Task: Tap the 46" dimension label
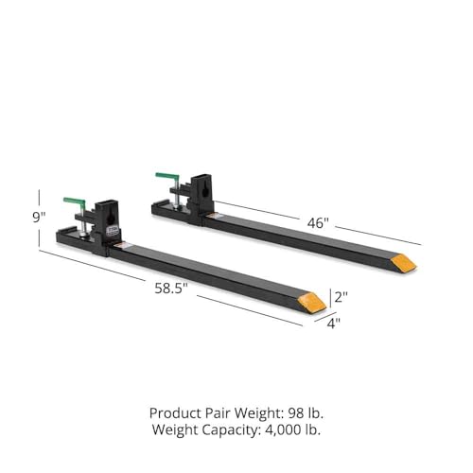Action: click(x=318, y=223)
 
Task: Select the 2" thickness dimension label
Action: click(x=341, y=295)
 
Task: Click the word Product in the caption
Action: click(x=177, y=413)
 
